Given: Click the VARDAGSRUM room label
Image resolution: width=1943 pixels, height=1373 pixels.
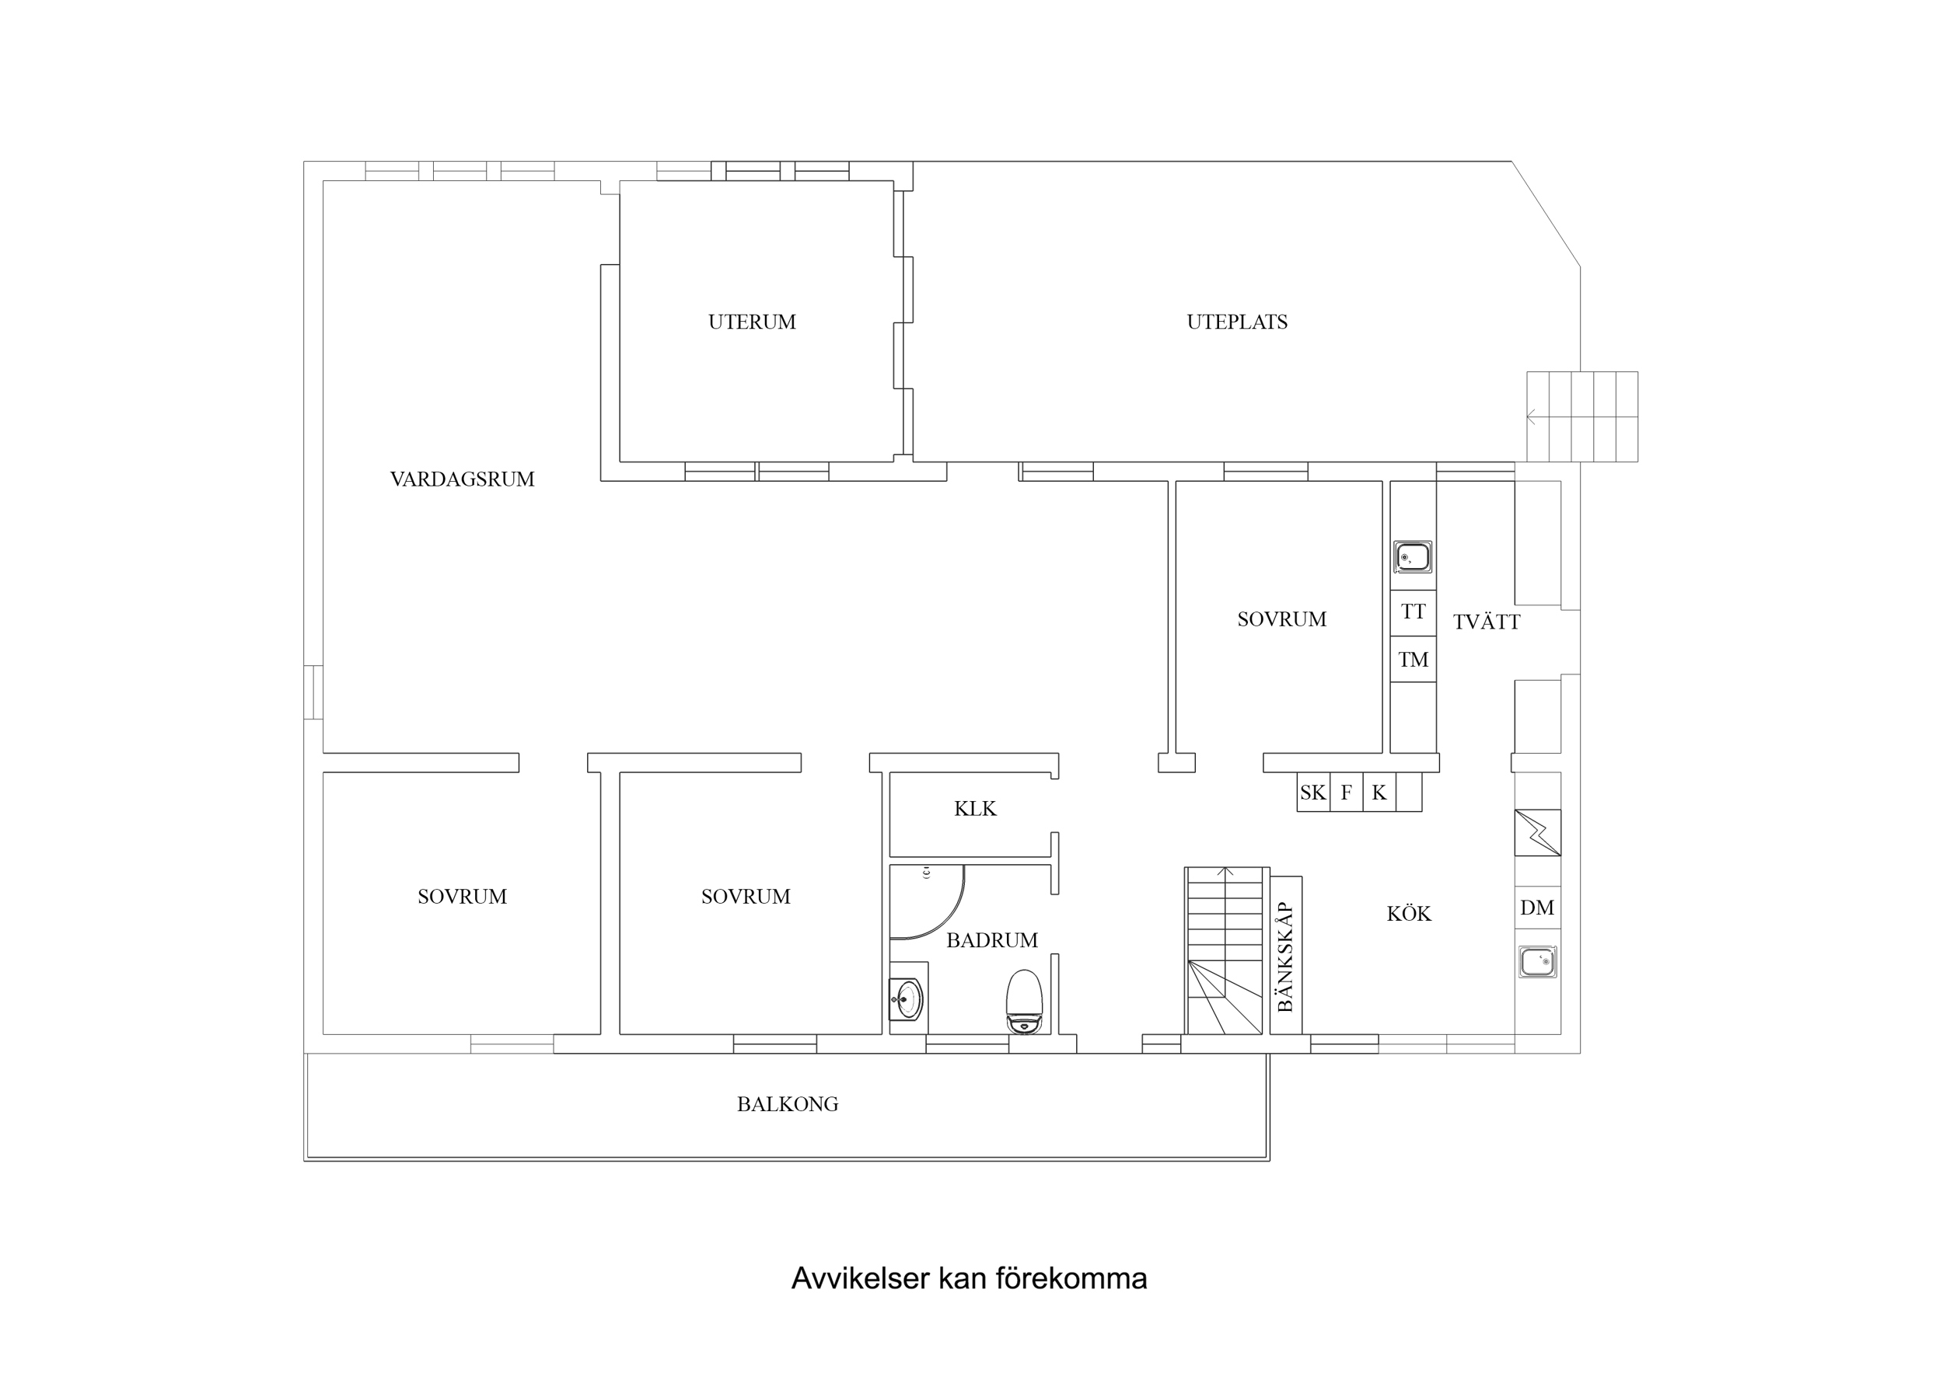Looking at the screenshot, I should pyautogui.click(x=462, y=479).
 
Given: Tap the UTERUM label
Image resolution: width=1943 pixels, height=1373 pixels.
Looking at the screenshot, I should pyautogui.click(x=752, y=322).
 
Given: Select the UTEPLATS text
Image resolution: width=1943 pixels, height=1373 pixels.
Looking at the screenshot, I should pyautogui.click(x=1236, y=322).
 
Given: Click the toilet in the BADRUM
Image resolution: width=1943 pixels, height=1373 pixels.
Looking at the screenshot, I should pyautogui.click(x=1024, y=1002).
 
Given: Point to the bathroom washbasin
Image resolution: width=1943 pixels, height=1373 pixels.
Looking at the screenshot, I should pyautogui.click(x=907, y=1000).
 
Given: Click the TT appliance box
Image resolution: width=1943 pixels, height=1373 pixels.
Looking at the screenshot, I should pyautogui.click(x=1413, y=612).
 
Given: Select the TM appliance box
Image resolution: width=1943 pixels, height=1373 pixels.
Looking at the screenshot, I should pyautogui.click(x=1413, y=660).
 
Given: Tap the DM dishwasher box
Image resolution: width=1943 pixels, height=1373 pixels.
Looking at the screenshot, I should pyautogui.click(x=1537, y=908).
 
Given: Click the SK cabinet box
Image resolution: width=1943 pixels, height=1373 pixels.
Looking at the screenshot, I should pyautogui.click(x=1312, y=793).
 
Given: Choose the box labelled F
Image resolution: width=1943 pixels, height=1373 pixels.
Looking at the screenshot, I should pyautogui.click(x=1346, y=793).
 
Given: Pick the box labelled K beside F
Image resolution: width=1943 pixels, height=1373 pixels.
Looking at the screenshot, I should pyautogui.click(x=1379, y=793).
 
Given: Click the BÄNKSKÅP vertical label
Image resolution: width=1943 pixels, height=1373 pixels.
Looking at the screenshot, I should pyautogui.click(x=1285, y=956).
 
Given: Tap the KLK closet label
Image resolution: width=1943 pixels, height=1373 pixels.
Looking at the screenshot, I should pyautogui.click(x=975, y=810).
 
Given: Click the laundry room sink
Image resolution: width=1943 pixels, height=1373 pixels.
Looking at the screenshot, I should pyautogui.click(x=1413, y=557).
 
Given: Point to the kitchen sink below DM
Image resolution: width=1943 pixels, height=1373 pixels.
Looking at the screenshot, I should pyautogui.click(x=1537, y=962).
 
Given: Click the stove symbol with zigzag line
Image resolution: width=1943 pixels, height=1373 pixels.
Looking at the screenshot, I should pyautogui.click(x=1537, y=833).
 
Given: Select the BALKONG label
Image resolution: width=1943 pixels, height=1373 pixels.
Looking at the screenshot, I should pyautogui.click(x=787, y=1105).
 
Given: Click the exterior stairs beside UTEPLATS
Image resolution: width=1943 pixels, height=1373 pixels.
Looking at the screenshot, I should pyautogui.click(x=1581, y=417).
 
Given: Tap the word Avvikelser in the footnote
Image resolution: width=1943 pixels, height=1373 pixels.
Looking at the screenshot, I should pyautogui.click(x=861, y=1278).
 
